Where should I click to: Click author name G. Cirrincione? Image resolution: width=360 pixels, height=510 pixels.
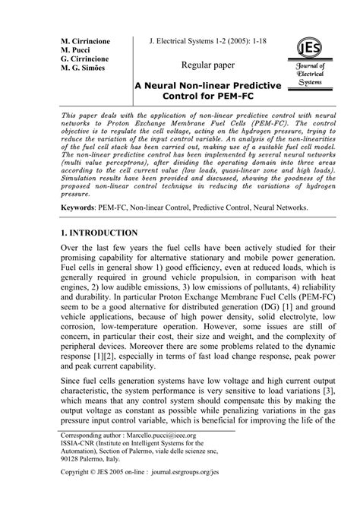[90, 59]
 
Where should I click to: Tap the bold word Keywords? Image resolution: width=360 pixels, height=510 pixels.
[83, 207]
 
